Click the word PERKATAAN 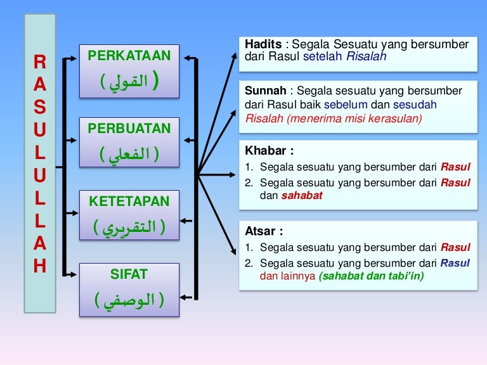click(x=129, y=56)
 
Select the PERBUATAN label click(x=129, y=129)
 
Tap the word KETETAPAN click(x=129, y=202)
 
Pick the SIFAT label click(x=129, y=274)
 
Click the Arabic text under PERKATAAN click(x=129, y=82)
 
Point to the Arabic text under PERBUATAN click(x=129, y=154)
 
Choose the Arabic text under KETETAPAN click(x=129, y=227)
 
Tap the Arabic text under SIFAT click(x=129, y=300)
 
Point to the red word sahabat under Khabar click(x=301, y=196)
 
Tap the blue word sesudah click(x=415, y=104)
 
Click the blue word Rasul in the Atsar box click(x=455, y=263)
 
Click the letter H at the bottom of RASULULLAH click(x=39, y=266)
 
